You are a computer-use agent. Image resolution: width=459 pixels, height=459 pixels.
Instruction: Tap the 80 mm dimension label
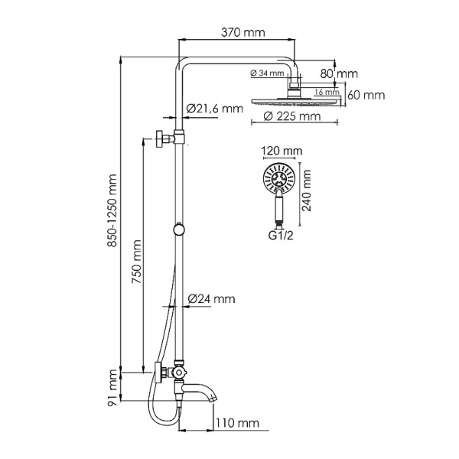coord(340,73)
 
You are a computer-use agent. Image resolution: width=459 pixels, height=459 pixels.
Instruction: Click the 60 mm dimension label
coord(365,95)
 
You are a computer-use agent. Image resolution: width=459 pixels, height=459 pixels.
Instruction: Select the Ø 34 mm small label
coord(267,73)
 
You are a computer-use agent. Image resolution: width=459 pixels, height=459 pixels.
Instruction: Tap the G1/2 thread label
coord(280,235)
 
